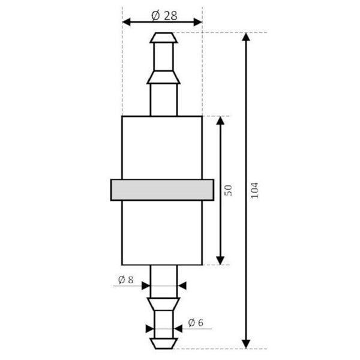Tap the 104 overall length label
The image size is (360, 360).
point(254,191)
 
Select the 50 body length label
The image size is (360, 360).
point(228,191)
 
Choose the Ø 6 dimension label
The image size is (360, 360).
point(196,323)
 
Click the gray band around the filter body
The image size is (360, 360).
point(162,190)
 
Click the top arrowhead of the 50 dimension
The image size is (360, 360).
point(220,121)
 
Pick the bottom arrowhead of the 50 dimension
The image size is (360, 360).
point(220,259)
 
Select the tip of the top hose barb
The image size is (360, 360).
point(163,37)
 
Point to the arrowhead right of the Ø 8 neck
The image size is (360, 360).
point(182,286)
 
